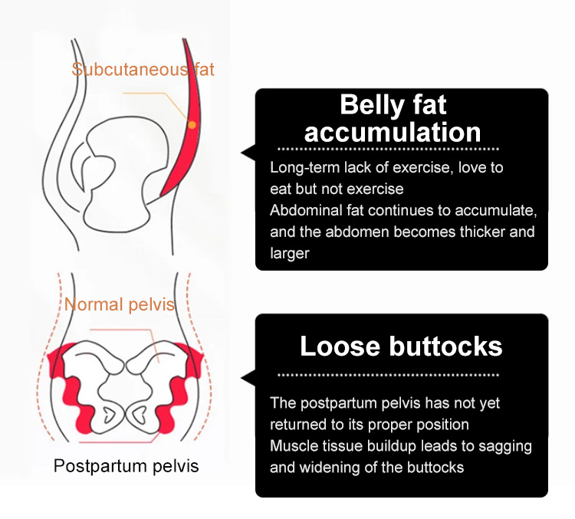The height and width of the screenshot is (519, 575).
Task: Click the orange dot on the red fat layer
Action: [192, 125]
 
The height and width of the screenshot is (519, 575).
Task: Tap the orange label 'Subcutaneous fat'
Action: [143, 69]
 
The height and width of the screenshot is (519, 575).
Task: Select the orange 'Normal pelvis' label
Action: [119, 304]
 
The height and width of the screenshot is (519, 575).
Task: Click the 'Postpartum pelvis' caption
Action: [127, 466]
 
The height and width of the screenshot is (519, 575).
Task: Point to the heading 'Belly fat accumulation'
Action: [393, 118]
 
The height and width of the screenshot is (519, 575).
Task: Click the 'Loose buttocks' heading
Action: [401, 346]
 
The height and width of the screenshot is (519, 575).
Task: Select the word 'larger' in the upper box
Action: [290, 254]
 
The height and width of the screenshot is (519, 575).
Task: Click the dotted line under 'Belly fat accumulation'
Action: [389, 149]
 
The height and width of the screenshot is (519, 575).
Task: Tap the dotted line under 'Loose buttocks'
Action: [389, 375]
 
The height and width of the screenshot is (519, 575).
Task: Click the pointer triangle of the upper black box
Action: [249, 153]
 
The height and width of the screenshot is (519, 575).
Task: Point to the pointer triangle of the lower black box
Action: [249, 378]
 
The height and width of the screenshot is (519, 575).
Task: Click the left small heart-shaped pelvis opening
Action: [109, 415]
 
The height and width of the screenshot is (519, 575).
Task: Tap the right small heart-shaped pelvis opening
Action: [139, 415]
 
